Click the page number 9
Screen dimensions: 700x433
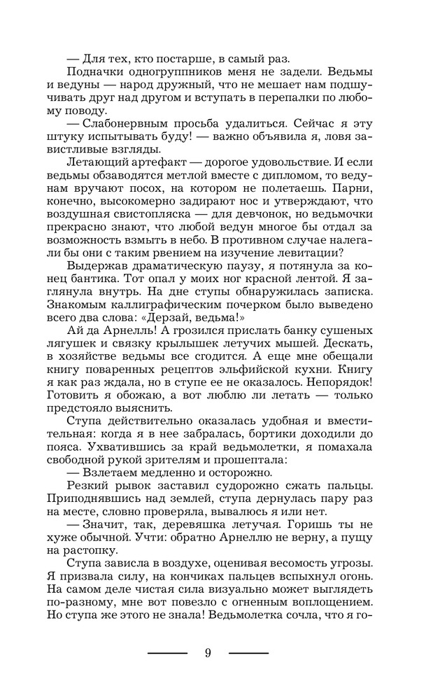pyautogui.click(x=208, y=653)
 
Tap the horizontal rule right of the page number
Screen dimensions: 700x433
pyautogui.click(x=248, y=653)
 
